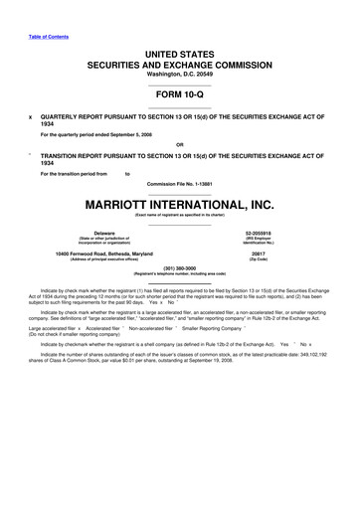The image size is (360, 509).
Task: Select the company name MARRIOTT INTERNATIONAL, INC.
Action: pos(181,203)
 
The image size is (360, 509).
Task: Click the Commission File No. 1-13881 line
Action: pos(181,182)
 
